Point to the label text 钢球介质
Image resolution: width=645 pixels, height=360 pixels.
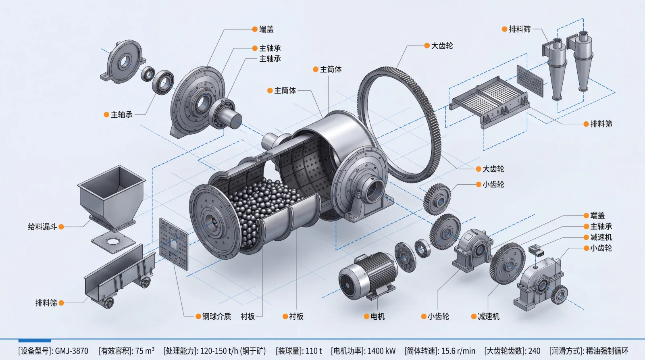coord(216,316)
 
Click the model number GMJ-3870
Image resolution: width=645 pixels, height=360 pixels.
coord(71,351)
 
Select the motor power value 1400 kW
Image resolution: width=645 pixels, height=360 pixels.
coord(381,351)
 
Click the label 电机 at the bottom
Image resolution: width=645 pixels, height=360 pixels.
coord(377,316)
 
